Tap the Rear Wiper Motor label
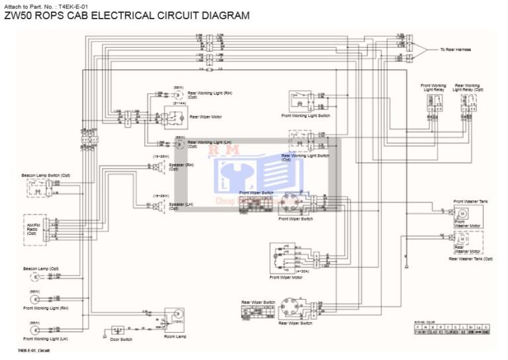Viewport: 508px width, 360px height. [x=206, y=116]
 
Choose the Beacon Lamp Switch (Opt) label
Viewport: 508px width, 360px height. [x=46, y=175]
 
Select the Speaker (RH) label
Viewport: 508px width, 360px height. [x=181, y=167]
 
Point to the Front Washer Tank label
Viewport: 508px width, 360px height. [x=471, y=201]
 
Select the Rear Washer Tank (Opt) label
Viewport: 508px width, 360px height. [x=470, y=259]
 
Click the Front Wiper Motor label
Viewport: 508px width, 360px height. [x=287, y=277]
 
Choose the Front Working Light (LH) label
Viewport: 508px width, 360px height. [x=46, y=338]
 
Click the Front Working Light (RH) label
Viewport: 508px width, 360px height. [x=46, y=308]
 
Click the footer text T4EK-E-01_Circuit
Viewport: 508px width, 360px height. [x=34, y=350]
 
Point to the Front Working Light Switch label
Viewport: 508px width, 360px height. [x=306, y=116]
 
